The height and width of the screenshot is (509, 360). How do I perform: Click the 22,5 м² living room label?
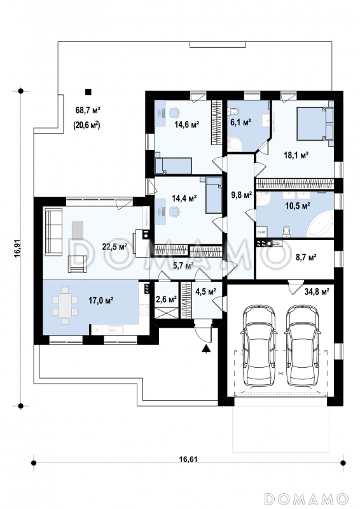114,247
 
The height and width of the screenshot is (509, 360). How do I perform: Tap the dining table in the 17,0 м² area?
66,305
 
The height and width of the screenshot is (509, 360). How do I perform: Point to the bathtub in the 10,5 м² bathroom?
320,225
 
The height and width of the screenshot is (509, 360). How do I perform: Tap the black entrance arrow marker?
205,349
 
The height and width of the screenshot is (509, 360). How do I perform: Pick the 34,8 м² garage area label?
317,291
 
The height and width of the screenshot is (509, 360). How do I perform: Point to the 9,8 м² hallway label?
241,195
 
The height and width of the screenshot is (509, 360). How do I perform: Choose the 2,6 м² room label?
166,299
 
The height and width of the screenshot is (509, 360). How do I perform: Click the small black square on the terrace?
88,92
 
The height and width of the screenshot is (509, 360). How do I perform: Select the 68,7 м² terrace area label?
88,110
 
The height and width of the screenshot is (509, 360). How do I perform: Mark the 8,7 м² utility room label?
306,258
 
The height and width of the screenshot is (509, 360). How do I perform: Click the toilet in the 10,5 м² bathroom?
286,231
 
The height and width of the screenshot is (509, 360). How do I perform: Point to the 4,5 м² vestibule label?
206,291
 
